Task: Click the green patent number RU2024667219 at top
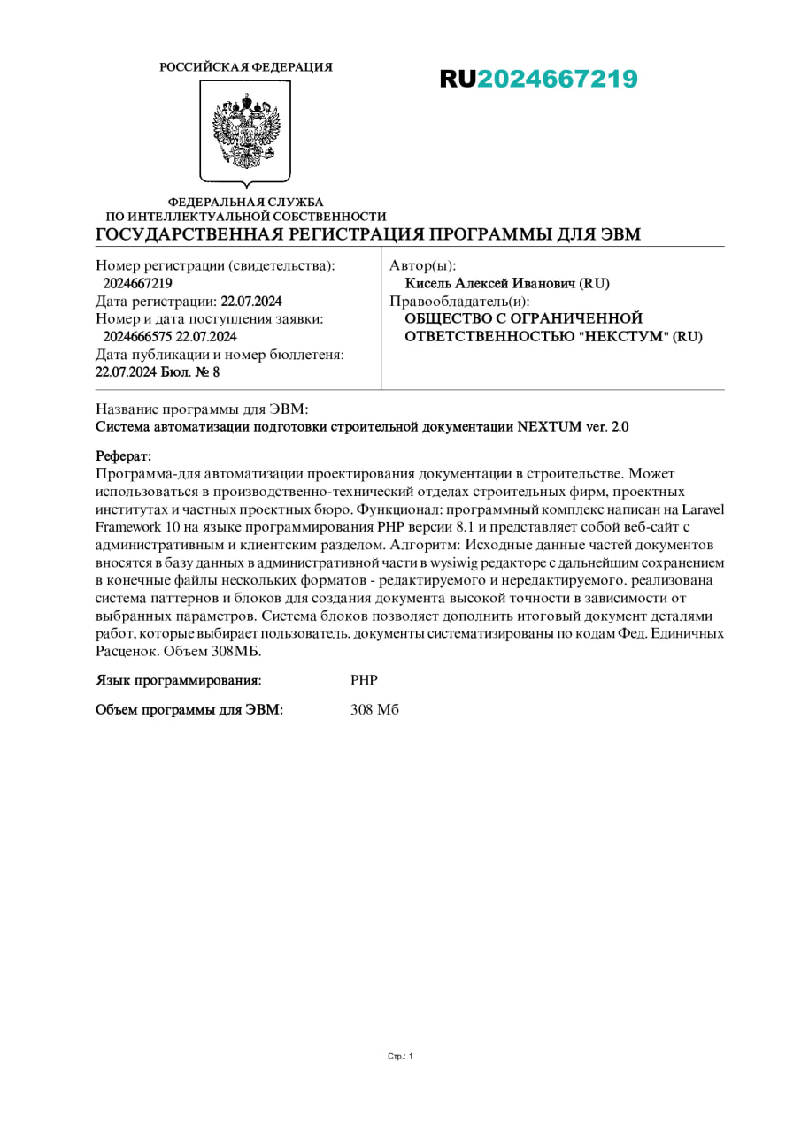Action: (x=538, y=80)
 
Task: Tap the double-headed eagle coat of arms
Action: (x=246, y=131)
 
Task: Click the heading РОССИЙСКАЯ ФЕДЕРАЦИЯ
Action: (x=246, y=67)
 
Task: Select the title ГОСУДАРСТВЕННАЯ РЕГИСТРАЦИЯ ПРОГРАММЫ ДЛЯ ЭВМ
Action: (x=367, y=234)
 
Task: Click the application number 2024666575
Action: (x=138, y=337)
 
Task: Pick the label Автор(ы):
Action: (x=423, y=265)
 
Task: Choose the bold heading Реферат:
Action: (x=123, y=456)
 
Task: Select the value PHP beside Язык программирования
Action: (x=364, y=680)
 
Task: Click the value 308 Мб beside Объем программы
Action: (x=374, y=709)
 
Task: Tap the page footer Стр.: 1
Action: (x=400, y=1056)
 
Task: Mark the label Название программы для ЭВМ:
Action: (x=201, y=410)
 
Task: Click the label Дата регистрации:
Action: (x=156, y=302)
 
